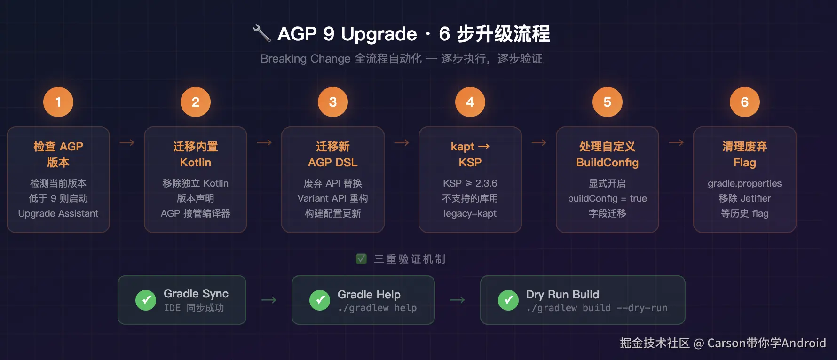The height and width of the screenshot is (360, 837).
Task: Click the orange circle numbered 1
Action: pos(58,102)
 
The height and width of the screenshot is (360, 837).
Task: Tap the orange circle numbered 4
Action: pos(470,102)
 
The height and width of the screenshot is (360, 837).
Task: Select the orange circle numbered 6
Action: pos(745,102)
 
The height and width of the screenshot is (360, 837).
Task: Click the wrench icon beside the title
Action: pos(262,33)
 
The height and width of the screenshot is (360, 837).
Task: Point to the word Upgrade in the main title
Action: pos(379,34)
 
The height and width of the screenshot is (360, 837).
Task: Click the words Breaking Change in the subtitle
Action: pos(306,59)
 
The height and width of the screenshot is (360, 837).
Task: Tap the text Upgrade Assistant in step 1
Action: pos(58,214)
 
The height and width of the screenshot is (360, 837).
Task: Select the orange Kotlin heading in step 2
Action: pos(196,163)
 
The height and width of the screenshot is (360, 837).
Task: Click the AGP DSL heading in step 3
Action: pos(333,163)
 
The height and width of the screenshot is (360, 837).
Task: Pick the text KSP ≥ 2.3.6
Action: pos(470,183)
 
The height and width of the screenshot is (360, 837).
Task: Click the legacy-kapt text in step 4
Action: pos(470,214)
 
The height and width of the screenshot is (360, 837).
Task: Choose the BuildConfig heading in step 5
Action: pos(608,163)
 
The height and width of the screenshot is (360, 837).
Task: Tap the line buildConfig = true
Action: pos(608,198)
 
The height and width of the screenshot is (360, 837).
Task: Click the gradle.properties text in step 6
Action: pos(745,184)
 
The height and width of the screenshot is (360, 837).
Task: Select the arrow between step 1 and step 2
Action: pos(127,142)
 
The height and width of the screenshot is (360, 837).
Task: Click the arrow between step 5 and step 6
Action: pos(676,142)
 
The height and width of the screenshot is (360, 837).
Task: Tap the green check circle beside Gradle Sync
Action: pos(146,300)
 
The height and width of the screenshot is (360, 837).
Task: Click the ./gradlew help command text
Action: pos(377,308)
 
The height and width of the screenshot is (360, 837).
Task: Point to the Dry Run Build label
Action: pos(562,295)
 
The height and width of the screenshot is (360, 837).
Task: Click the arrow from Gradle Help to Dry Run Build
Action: pos(457,300)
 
